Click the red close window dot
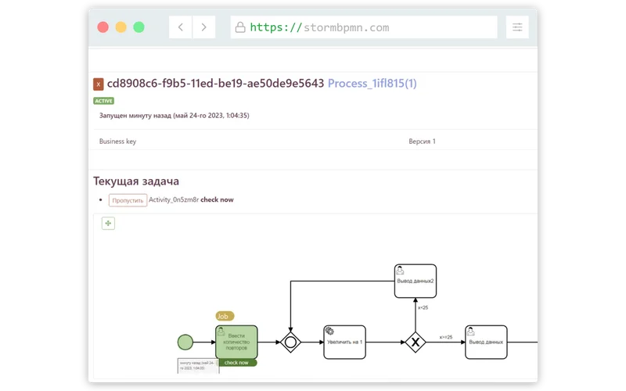point(103,27)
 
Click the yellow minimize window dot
point(121,27)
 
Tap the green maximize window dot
point(139,27)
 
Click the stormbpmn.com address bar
point(364,27)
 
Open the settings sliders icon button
point(517,27)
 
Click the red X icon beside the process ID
point(99,84)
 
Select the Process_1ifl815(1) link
point(372,83)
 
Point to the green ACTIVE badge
point(103,101)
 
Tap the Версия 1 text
point(422,142)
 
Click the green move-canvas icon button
point(109,224)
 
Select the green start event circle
point(185,342)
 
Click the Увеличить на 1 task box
point(344,342)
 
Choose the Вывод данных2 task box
point(415,281)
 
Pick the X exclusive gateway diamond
point(416,342)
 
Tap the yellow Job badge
point(225,316)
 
